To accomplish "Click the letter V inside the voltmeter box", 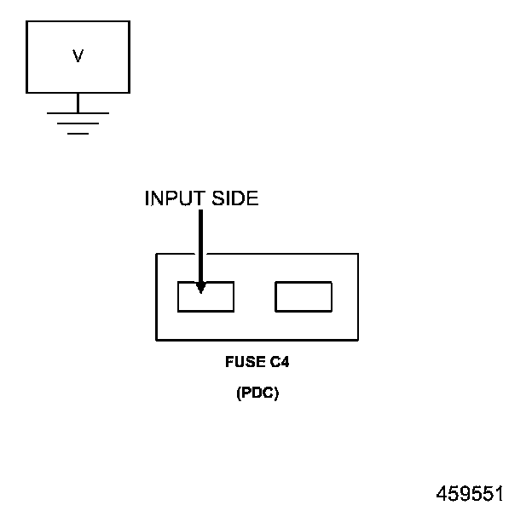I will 78,56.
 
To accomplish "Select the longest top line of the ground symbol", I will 78,112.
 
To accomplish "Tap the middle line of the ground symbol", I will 78,123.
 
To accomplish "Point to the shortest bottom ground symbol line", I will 78,134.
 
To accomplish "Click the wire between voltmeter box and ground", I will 78,102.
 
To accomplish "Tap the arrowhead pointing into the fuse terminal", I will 200,287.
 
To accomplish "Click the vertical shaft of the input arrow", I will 200,243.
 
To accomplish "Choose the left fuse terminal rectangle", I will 205,297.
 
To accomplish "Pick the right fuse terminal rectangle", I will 303,297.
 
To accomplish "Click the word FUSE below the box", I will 242,362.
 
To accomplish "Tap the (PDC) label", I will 257,394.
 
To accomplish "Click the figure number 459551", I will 470,494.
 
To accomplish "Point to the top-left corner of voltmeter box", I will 26,21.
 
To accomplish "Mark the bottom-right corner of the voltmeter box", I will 130,93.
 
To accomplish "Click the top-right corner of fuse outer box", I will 357,254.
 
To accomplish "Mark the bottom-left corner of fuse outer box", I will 156,339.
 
